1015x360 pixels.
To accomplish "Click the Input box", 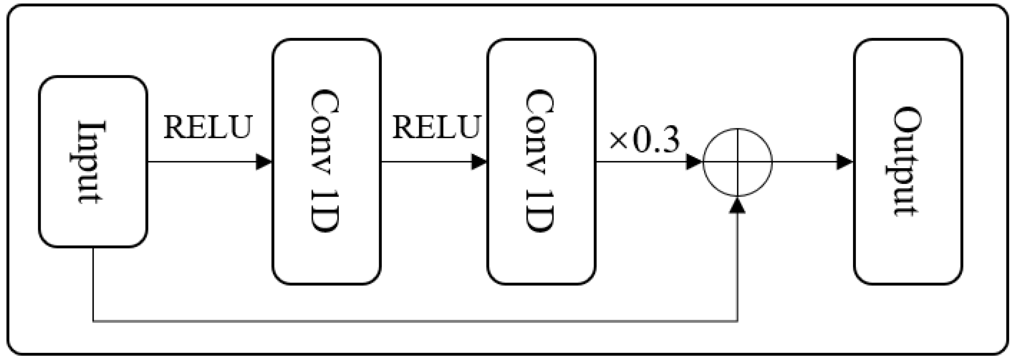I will (93, 161).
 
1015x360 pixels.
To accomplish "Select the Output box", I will (908, 161).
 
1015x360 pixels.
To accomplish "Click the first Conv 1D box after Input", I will (326, 161).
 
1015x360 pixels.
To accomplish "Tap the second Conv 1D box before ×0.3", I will (541, 161).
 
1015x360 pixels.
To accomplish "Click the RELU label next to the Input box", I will (207, 127).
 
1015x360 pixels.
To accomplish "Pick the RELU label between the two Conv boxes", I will (436, 127).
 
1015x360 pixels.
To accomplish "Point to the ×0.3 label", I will (644, 140).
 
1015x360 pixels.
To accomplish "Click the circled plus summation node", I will (737, 162).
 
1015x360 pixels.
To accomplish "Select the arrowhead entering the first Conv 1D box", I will (264, 162).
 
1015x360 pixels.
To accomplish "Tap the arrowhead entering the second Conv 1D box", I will (480, 162).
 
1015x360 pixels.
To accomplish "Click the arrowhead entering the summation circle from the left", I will (695, 162).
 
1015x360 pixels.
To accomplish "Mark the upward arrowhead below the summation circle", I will (737, 205).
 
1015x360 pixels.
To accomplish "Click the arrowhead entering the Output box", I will (845, 162).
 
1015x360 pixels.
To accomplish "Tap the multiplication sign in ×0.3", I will (618, 141).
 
